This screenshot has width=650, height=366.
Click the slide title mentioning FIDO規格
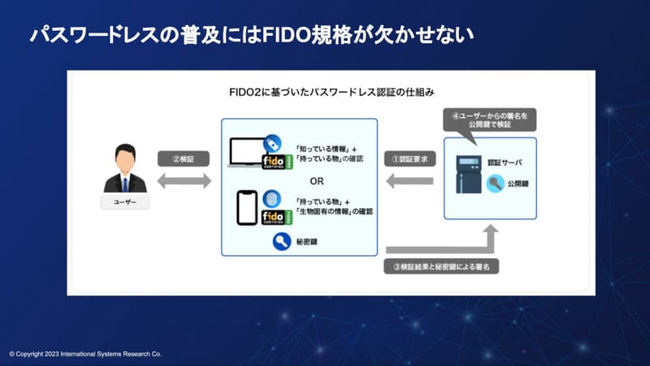tap(251, 35)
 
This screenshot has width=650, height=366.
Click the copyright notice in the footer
tap(85, 355)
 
